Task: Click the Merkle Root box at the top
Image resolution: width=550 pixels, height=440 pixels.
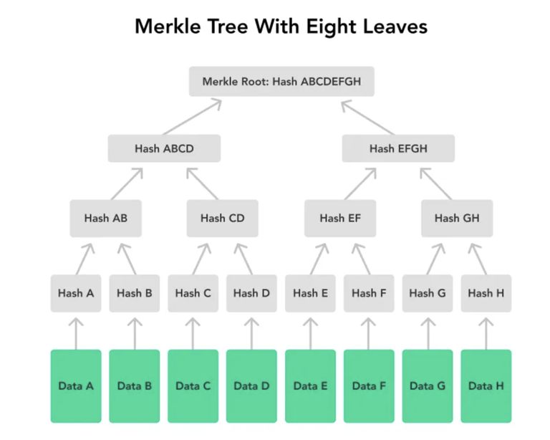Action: coord(281,82)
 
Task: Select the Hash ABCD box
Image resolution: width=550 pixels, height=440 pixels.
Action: coord(164,149)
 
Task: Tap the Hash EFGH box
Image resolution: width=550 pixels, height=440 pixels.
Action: coord(398,149)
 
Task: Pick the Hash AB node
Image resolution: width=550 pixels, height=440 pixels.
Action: coord(105,218)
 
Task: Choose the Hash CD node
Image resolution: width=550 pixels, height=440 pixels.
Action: coord(223,218)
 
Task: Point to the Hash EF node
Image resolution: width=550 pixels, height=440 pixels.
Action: coord(340,218)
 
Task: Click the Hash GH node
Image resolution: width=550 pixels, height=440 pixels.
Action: coord(457,218)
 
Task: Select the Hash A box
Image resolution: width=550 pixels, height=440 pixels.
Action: coord(76,292)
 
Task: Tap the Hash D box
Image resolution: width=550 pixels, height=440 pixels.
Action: coord(251,292)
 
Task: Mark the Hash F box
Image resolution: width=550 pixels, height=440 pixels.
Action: coord(369,292)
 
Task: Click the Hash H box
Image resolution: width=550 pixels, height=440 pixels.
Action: coord(486,292)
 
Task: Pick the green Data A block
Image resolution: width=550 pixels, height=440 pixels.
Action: coord(76,386)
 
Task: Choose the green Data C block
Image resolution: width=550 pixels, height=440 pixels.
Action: coord(193,386)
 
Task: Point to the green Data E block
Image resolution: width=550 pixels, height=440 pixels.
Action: coord(310,386)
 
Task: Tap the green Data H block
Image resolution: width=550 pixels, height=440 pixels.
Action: coord(486,386)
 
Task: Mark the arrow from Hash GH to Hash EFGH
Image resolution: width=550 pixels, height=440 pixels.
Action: coord(436,183)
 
